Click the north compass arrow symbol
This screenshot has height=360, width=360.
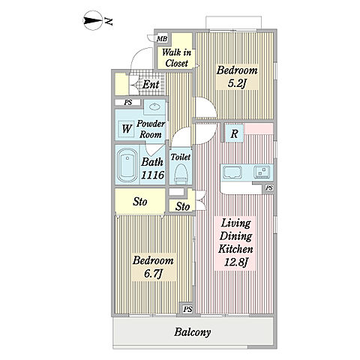click(x=93, y=20)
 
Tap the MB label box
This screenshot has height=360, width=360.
click(x=162, y=39)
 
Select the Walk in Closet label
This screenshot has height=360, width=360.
click(x=176, y=58)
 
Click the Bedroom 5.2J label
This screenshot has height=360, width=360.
click(x=237, y=76)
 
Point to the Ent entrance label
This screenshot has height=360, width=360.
click(x=151, y=85)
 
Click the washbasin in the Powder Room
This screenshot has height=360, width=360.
click(x=154, y=107)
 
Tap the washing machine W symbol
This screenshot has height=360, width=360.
click(x=127, y=128)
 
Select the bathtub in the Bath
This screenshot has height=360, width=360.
click(x=127, y=165)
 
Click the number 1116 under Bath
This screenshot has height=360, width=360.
click(x=152, y=175)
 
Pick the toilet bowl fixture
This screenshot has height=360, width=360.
click(x=181, y=173)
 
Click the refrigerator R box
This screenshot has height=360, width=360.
click(x=234, y=133)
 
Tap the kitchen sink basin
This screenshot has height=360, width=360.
click(x=232, y=172)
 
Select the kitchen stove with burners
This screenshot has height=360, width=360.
click(x=262, y=172)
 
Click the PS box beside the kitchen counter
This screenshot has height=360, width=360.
click(x=269, y=187)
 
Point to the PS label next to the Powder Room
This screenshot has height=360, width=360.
click(x=128, y=103)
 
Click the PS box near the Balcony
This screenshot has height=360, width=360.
click(x=187, y=309)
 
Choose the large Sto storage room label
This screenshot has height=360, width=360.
click(x=140, y=202)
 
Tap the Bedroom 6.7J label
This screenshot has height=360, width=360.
click(x=153, y=267)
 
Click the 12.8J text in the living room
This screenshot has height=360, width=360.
click(x=235, y=262)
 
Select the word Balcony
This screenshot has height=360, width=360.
click(x=193, y=332)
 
